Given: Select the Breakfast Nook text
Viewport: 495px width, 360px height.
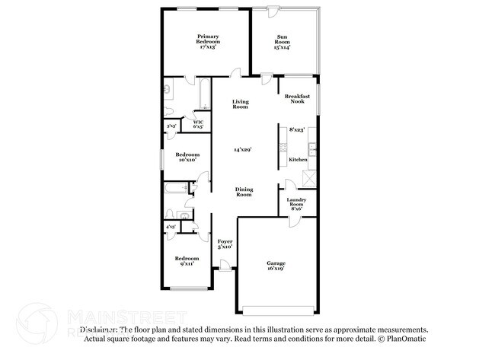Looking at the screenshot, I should tap(297, 99).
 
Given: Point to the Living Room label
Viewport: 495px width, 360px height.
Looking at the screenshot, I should tap(241, 104).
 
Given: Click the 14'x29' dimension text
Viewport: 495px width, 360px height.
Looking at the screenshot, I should tap(243, 150).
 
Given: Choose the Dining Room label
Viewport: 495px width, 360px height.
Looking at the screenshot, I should tap(243, 192).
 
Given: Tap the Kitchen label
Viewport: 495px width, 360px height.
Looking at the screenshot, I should tap(298, 160).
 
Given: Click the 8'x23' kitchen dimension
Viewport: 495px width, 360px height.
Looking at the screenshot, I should tap(296, 129).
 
